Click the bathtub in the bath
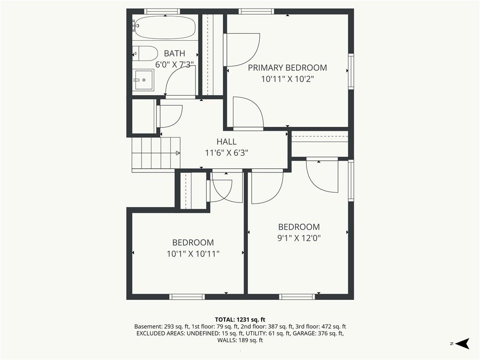(165, 28)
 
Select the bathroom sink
(144, 80)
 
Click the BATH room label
(174, 53)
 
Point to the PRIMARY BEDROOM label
(287, 67)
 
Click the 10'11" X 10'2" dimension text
(287, 79)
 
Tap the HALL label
(226, 142)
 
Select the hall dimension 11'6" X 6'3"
(226, 153)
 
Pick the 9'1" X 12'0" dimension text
(299, 238)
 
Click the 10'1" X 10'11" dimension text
(193, 254)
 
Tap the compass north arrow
(462, 344)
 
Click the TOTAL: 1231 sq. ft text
(240, 320)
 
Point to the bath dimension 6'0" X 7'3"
(174, 65)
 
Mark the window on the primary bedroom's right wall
(351, 71)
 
